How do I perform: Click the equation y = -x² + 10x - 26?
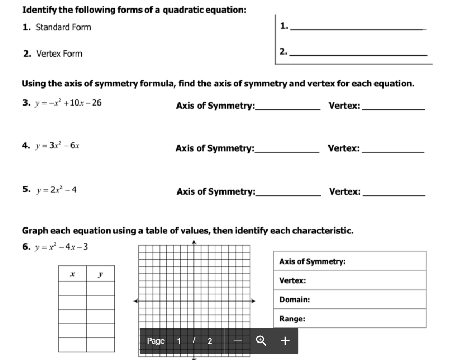[x=67, y=102]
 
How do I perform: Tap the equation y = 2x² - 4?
[x=57, y=189]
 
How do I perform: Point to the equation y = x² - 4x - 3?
[x=61, y=247]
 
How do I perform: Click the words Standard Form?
[x=63, y=27]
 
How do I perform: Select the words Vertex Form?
[x=59, y=54]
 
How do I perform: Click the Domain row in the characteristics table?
[x=350, y=300]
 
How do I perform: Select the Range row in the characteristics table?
[x=350, y=319]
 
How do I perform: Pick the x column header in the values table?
[x=73, y=274]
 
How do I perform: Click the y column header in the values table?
[x=101, y=274]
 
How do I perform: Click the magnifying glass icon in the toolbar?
[x=261, y=340]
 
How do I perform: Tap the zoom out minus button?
[x=238, y=340]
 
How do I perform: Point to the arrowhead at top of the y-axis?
[x=194, y=243]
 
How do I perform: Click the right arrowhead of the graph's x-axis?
[x=254, y=301]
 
